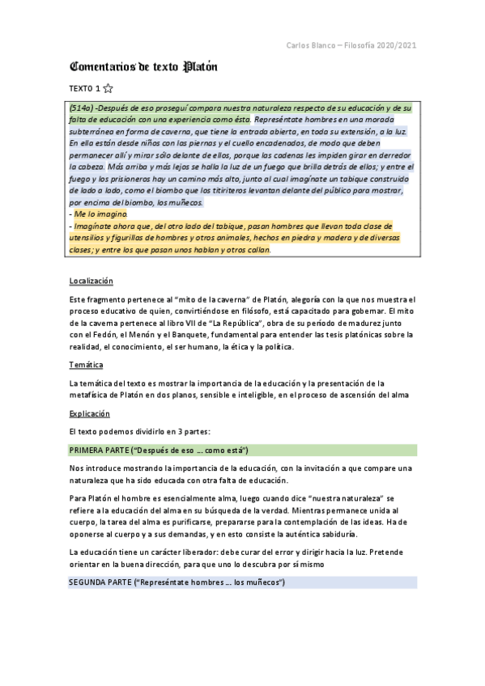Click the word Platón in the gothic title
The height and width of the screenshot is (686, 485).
pyautogui.click(x=201, y=66)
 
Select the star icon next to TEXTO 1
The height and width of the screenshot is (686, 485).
pyautogui.click(x=108, y=88)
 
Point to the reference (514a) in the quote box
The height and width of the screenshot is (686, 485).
pyautogui.click(x=82, y=108)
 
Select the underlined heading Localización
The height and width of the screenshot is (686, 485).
pyautogui.click(x=91, y=281)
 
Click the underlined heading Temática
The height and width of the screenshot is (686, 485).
pyautogui.click(x=86, y=365)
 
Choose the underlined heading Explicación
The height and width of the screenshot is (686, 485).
pyautogui.click(x=89, y=413)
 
